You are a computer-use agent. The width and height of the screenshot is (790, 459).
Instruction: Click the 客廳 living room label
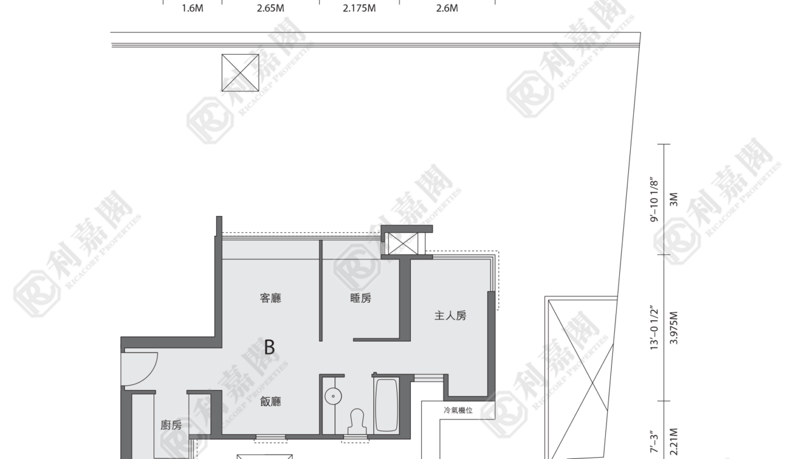point(271,298)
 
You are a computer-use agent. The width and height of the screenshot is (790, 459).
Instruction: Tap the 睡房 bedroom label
point(361,298)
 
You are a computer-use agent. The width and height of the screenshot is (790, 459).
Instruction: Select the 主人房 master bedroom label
point(450,316)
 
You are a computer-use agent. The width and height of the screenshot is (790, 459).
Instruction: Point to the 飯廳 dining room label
point(271,402)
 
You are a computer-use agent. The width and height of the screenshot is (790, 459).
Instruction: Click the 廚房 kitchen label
point(171,425)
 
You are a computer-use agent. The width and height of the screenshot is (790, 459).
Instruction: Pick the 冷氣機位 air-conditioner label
point(458,411)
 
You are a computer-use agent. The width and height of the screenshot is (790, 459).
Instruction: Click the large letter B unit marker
point(269,347)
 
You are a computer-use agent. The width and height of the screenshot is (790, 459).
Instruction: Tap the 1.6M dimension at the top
point(192,8)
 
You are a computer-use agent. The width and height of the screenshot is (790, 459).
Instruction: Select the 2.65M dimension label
point(271,8)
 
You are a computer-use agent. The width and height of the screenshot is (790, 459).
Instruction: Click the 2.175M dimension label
point(359,8)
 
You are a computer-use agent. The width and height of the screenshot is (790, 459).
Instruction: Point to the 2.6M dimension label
point(447,8)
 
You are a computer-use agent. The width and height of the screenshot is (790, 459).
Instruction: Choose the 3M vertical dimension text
point(673,200)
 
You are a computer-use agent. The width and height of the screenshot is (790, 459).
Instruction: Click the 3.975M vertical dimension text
point(673,328)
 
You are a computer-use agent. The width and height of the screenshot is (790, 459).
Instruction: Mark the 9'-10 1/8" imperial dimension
point(654,200)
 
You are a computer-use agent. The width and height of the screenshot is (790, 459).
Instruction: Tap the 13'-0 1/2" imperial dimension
point(654,328)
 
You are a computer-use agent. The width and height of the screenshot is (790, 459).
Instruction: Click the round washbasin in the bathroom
point(333,396)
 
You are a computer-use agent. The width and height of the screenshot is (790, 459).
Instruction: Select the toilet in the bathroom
point(357,421)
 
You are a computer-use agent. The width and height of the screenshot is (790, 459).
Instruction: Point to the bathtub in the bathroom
point(387,405)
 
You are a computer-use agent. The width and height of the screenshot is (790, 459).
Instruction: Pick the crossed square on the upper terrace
point(240,73)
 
